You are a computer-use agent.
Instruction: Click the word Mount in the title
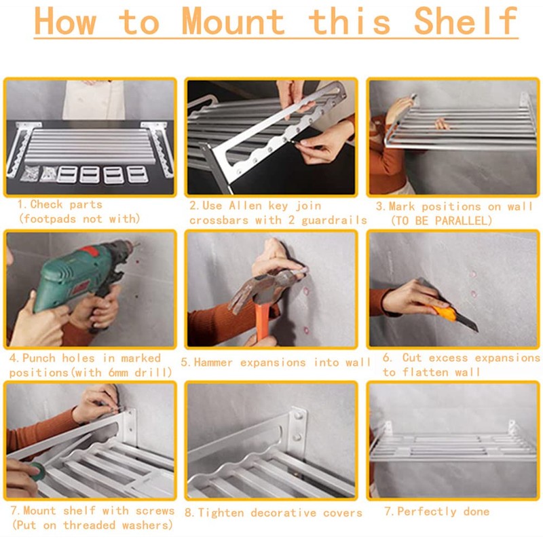[233, 22]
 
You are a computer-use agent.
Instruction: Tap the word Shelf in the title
[466, 22]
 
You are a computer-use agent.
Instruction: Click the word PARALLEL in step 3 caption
[462, 221]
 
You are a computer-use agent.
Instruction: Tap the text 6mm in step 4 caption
[118, 373]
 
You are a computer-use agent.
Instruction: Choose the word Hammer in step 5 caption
[213, 362]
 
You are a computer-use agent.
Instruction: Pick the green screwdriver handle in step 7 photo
[37, 472]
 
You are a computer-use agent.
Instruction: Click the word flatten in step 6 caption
[426, 372]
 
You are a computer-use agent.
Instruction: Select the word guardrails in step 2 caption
[334, 220]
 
